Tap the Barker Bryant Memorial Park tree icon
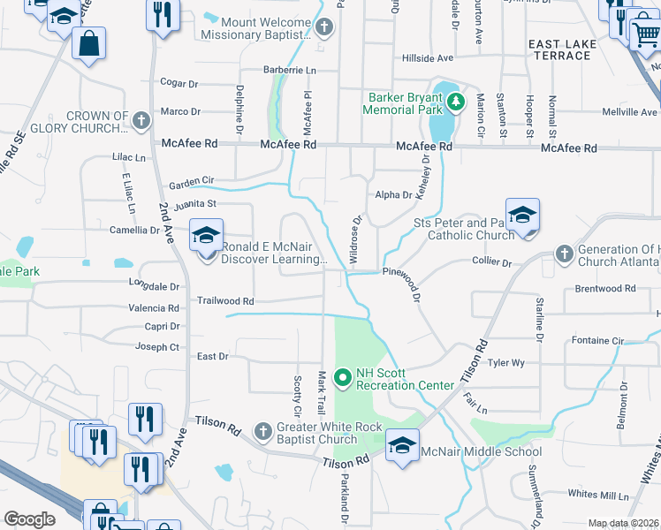pos(455,102)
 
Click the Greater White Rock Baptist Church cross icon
pos(262,432)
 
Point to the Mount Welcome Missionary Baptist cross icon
pos(324,27)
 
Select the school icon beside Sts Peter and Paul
pos(522,215)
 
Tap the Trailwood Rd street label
pos(225,300)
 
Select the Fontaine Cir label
pos(597,340)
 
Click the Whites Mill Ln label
pos(598,493)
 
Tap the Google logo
pos(29,519)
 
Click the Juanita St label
pos(195,206)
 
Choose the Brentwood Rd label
pos(605,289)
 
